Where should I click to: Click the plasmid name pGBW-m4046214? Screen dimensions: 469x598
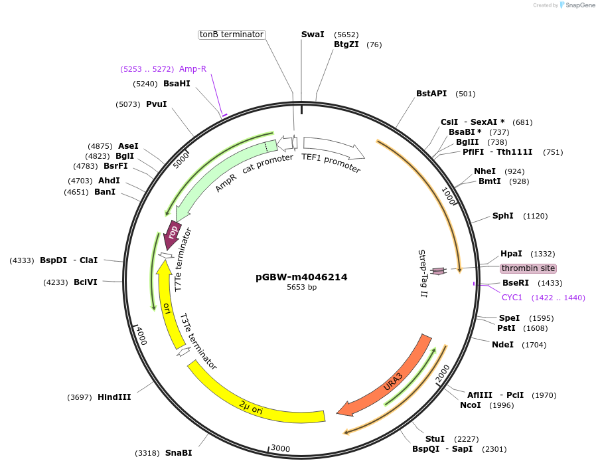point(301,277)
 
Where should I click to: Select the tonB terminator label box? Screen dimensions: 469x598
point(232,35)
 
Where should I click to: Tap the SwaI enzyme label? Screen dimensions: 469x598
point(313,35)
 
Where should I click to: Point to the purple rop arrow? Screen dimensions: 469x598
point(173,234)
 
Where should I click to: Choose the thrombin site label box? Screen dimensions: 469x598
point(528,268)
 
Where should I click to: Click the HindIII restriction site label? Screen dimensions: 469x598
point(114,397)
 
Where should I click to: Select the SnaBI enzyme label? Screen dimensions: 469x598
point(179,453)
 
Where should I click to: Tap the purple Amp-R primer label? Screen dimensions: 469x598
point(192,68)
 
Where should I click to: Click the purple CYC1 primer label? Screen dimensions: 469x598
point(512,298)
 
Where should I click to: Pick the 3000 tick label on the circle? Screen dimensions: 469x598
point(280,449)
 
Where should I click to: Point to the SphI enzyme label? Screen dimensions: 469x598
point(502,216)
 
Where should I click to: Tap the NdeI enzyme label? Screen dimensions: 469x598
point(502,345)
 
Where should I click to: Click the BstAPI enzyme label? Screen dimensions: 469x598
point(431,94)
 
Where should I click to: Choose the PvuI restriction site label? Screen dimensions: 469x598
point(156,104)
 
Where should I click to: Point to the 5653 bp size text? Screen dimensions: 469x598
point(301,288)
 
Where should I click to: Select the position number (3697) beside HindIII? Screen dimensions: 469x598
point(80,397)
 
